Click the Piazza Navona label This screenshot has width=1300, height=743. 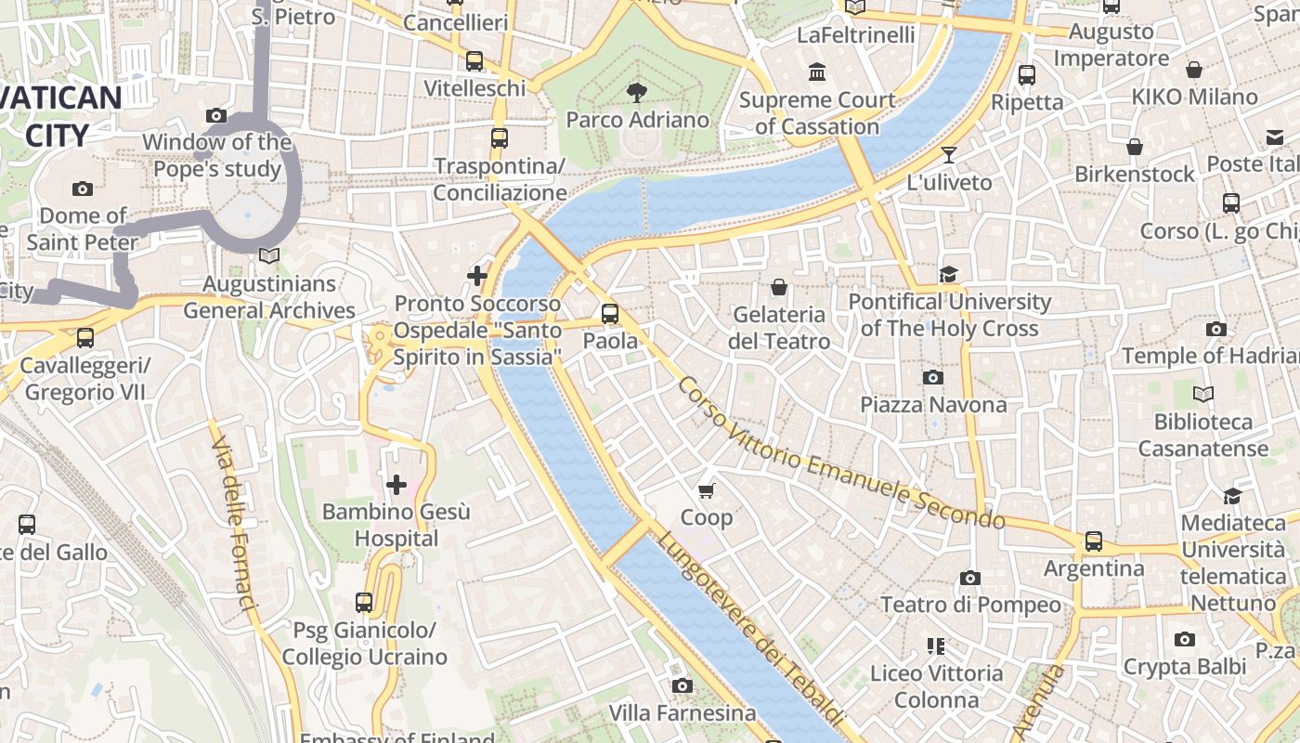pos(933,405)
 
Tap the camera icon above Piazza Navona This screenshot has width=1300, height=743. pos(933,377)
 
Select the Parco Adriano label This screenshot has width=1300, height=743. pos(637,120)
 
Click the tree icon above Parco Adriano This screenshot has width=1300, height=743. pos(637,92)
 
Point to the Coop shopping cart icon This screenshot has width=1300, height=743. pos(707,489)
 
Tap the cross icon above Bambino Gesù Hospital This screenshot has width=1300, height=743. pos(396,484)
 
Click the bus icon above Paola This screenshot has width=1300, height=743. pos(610,314)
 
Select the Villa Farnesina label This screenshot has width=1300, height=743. pos(682,713)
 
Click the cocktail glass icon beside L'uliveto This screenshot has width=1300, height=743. pos(949,154)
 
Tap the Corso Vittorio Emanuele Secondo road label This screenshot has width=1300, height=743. pos(840,453)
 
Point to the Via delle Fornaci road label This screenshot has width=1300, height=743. pos(232,525)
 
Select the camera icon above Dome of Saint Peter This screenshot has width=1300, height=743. pos(83,189)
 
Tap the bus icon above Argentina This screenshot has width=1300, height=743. pos(1094,541)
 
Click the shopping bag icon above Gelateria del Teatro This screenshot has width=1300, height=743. pos(779,287)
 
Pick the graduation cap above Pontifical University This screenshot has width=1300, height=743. pos(948,274)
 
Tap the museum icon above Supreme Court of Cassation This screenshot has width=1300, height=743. pos(817,72)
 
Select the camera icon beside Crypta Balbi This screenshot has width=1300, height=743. pos(1184,639)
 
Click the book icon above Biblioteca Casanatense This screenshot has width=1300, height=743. pos(1202,395)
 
